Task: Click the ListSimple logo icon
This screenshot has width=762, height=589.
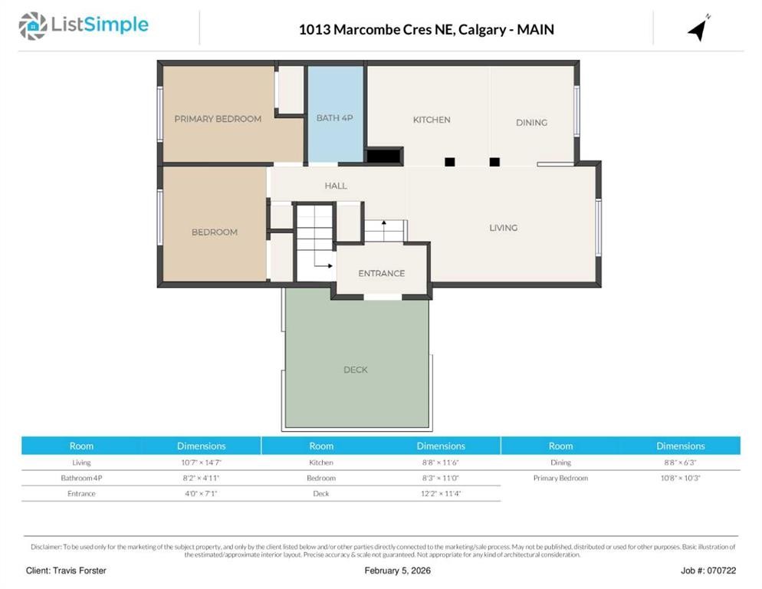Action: (x=32, y=26)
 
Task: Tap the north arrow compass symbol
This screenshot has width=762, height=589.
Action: (x=698, y=28)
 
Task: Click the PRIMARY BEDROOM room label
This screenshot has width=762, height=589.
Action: (x=218, y=119)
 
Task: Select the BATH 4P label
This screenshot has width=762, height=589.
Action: (x=335, y=118)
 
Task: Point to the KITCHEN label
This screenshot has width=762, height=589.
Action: (x=432, y=120)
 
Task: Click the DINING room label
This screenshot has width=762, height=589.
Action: (x=531, y=123)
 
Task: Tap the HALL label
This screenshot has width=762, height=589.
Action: (x=336, y=186)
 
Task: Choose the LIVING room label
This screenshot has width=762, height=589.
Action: (x=504, y=228)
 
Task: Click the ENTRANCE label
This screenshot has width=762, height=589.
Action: (x=382, y=274)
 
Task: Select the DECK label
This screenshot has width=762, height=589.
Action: (x=356, y=370)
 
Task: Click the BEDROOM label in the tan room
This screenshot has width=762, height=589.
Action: (x=215, y=232)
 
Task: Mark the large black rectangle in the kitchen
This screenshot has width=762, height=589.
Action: (x=383, y=156)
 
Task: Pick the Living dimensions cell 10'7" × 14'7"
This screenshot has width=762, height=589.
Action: (x=202, y=462)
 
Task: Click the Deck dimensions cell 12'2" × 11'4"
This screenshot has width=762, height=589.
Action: (x=441, y=493)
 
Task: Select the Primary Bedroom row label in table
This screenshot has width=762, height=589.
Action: (x=560, y=478)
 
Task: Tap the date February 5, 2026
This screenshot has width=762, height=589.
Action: (x=397, y=571)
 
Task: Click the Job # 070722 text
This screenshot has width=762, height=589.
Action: (x=708, y=571)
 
